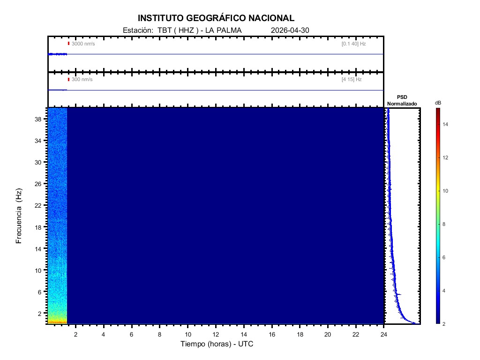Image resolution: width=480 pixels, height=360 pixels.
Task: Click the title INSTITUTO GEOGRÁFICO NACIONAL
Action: click(216, 18)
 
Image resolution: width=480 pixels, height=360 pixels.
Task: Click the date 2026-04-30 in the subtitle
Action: click(290, 30)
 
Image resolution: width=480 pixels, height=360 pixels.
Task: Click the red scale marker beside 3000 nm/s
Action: click(68, 44)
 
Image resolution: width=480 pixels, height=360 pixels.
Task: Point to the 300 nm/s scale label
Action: click(82, 80)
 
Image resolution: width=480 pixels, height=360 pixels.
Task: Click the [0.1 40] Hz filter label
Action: click(353, 44)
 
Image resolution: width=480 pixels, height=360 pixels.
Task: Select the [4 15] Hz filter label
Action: click(352, 80)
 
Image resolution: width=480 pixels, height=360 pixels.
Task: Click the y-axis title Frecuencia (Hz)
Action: click(19, 216)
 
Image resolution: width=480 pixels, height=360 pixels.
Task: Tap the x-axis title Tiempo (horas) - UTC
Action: click(217, 344)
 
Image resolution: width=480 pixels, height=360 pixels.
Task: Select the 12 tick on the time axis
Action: click(216, 334)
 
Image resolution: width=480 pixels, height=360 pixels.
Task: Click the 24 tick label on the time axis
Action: click(384, 334)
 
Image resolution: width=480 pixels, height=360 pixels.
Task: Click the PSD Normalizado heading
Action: click(403, 100)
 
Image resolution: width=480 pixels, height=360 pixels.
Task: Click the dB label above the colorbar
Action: click(438, 103)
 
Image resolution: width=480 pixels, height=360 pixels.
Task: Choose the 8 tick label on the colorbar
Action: click(445, 225)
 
